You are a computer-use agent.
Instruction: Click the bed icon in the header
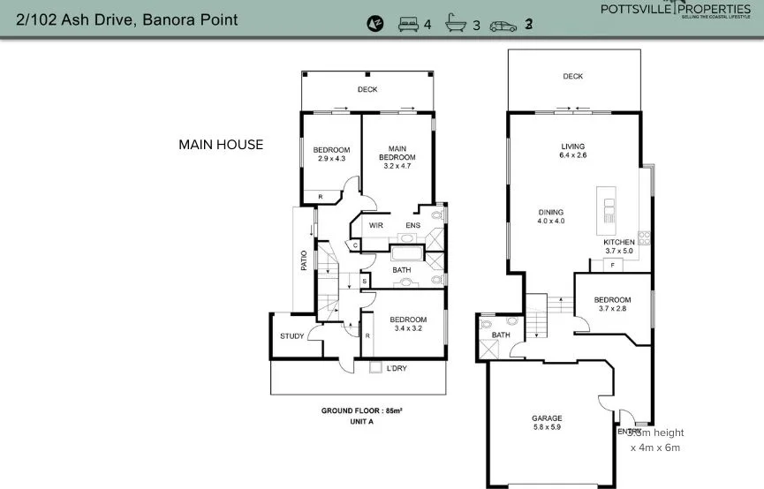(408, 24)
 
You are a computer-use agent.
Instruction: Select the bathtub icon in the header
(456, 24)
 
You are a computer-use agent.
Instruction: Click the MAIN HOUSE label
(221, 145)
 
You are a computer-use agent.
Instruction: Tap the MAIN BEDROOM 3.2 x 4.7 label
(397, 157)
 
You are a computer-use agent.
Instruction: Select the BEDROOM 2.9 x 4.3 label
(332, 154)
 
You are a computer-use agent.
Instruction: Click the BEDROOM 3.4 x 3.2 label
(408, 324)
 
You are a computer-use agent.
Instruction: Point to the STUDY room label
(291, 336)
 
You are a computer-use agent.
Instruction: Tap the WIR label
(375, 226)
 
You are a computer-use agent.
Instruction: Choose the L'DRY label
(397, 368)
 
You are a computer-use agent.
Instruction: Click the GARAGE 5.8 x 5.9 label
(547, 423)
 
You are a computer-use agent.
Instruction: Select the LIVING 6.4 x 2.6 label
(572, 151)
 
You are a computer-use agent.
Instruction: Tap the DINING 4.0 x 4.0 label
(551, 216)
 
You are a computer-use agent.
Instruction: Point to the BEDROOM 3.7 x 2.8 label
(613, 305)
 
